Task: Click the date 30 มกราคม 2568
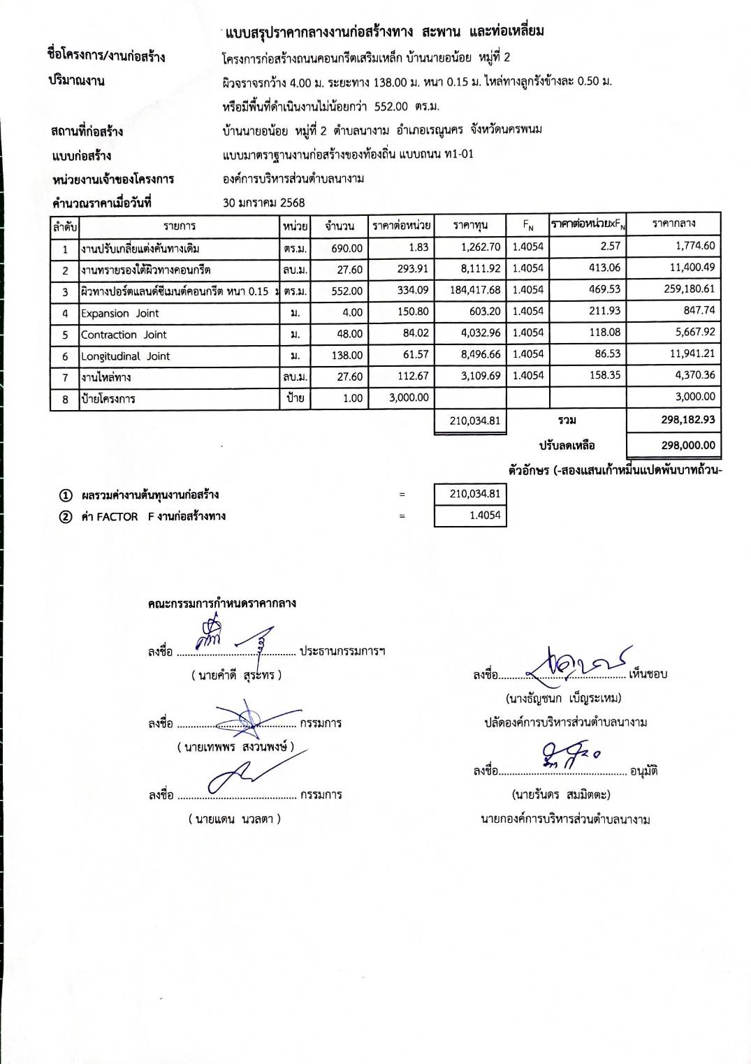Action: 263,203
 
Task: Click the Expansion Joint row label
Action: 120,314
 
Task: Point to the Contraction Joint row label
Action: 124,335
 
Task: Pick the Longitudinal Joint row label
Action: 126,356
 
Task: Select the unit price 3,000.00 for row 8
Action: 409,398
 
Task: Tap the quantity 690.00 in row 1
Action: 347,248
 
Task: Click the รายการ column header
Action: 180,226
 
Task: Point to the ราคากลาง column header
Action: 673,224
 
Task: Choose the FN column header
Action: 528,225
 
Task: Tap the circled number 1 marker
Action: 66,495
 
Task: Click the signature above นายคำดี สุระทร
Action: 234,636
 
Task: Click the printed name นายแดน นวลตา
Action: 235,819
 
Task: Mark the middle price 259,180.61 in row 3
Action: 673,289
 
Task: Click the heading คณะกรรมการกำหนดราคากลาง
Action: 221,603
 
